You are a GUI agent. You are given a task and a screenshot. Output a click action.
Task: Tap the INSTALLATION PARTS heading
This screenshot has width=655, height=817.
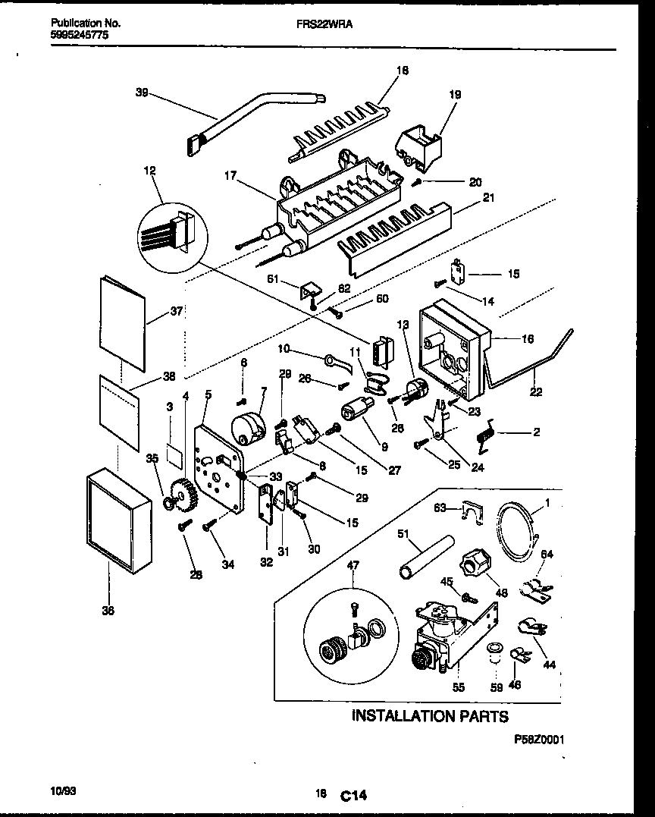(x=430, y=715)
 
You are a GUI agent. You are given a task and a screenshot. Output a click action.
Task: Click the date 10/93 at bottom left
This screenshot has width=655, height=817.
(x=62, y=790)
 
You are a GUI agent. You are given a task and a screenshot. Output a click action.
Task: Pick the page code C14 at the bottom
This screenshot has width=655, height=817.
(x=353, y=796)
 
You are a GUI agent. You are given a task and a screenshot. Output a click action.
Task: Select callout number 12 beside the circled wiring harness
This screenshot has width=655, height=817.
(x=149, y=171)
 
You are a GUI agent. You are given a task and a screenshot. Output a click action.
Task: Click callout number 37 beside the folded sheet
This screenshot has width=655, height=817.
(x=177, y=310)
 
